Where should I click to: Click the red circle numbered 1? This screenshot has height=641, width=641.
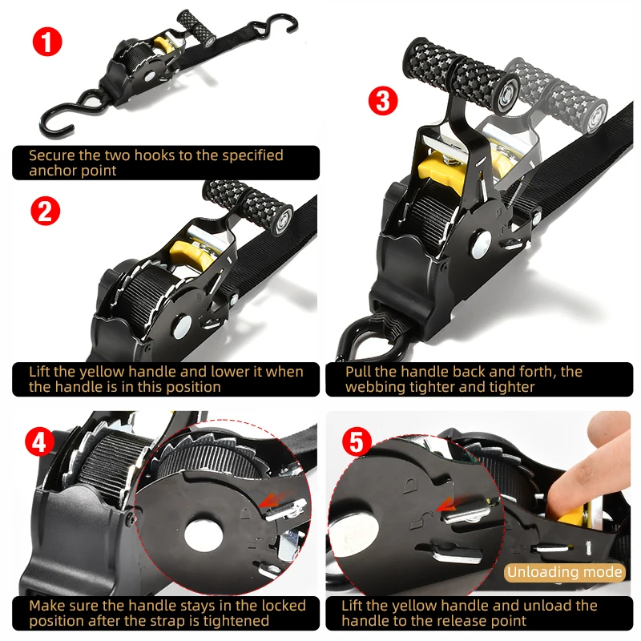point(47,41)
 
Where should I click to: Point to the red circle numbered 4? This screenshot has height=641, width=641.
point(37,441)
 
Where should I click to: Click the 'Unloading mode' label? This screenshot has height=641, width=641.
point(565,572)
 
